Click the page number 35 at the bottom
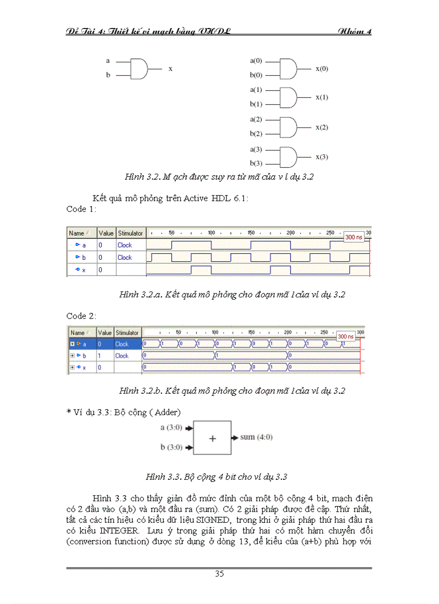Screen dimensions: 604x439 (x=219, y=573)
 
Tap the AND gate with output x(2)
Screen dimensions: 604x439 (x=288, y=127)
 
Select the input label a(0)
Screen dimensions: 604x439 (x=256, y=62)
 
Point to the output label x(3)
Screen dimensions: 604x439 (x=322, y=157)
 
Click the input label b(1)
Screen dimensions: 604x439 (x=256, y=104)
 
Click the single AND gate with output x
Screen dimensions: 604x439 (x=139, y=68)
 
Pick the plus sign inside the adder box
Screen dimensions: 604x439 (x=212, y=439)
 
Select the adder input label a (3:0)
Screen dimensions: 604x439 (x=172, y=428)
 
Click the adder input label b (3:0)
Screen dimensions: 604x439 (x=172, y=447)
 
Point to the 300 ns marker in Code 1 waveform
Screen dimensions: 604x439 (x=354, y=237)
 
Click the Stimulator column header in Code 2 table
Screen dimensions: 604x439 (x=127, y=333)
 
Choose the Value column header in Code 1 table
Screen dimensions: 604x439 (x=106, y=233)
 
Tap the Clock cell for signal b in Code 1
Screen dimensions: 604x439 (x=125, y=258)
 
